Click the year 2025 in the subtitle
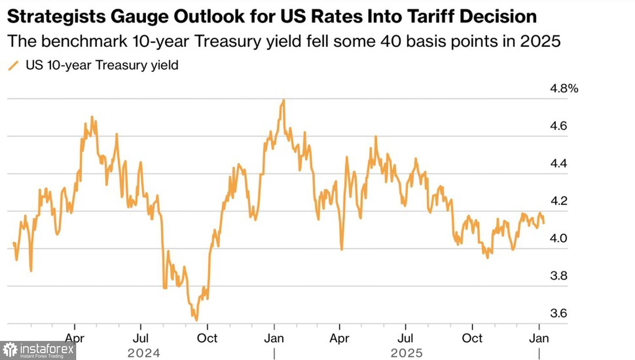[540, 41]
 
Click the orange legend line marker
[14, 66]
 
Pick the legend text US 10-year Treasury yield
[102, 65]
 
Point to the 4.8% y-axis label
[563, 89]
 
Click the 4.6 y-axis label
[558, 126]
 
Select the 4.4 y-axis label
[558, 163]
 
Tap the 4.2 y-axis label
[558, 201]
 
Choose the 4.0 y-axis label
[558, 238]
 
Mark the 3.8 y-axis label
[558, 276]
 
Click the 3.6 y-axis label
[558, 313]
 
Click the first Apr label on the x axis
[75, 338]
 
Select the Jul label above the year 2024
[141, 338]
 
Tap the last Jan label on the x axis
[539, 338]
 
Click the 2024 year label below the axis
[144, 353]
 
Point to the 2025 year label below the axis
[407, 353]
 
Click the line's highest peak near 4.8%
[283, 100]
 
